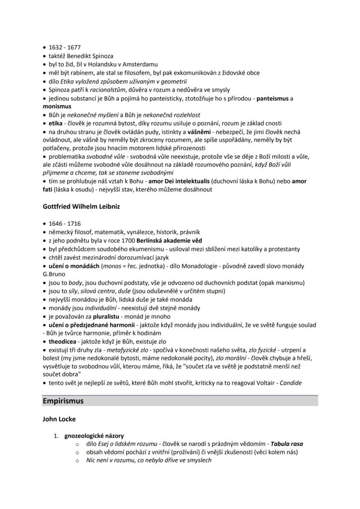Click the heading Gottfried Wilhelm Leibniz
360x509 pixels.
point(81,206)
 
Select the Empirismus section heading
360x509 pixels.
point(63,401)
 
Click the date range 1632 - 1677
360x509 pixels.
point(65,47)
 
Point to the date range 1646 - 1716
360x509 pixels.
point(65,223)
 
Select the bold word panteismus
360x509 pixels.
point(273,98)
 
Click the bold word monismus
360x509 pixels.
point(57,106)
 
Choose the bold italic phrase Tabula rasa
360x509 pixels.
point(287,444)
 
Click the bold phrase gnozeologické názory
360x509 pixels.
point(94,436)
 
